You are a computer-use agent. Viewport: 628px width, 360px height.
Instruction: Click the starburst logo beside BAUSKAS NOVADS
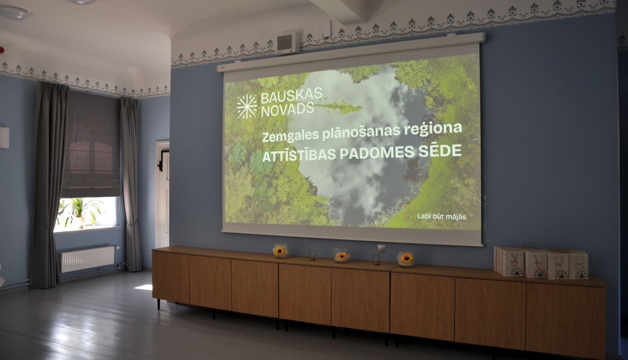pos(247,107)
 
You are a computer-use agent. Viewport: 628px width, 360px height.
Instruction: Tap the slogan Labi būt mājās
pos(442,216)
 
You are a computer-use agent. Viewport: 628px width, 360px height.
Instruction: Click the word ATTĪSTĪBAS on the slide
pos(299,155)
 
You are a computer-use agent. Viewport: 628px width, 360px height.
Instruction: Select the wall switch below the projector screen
pos(381,248)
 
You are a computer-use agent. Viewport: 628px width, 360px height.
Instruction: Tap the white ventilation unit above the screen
pos(287,43)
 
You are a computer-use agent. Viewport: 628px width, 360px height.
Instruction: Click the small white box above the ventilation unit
pos(327,28)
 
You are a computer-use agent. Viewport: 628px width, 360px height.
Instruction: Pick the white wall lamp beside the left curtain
pos(4,137)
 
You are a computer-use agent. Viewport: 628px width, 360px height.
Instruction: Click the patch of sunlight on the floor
pos(143,287)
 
